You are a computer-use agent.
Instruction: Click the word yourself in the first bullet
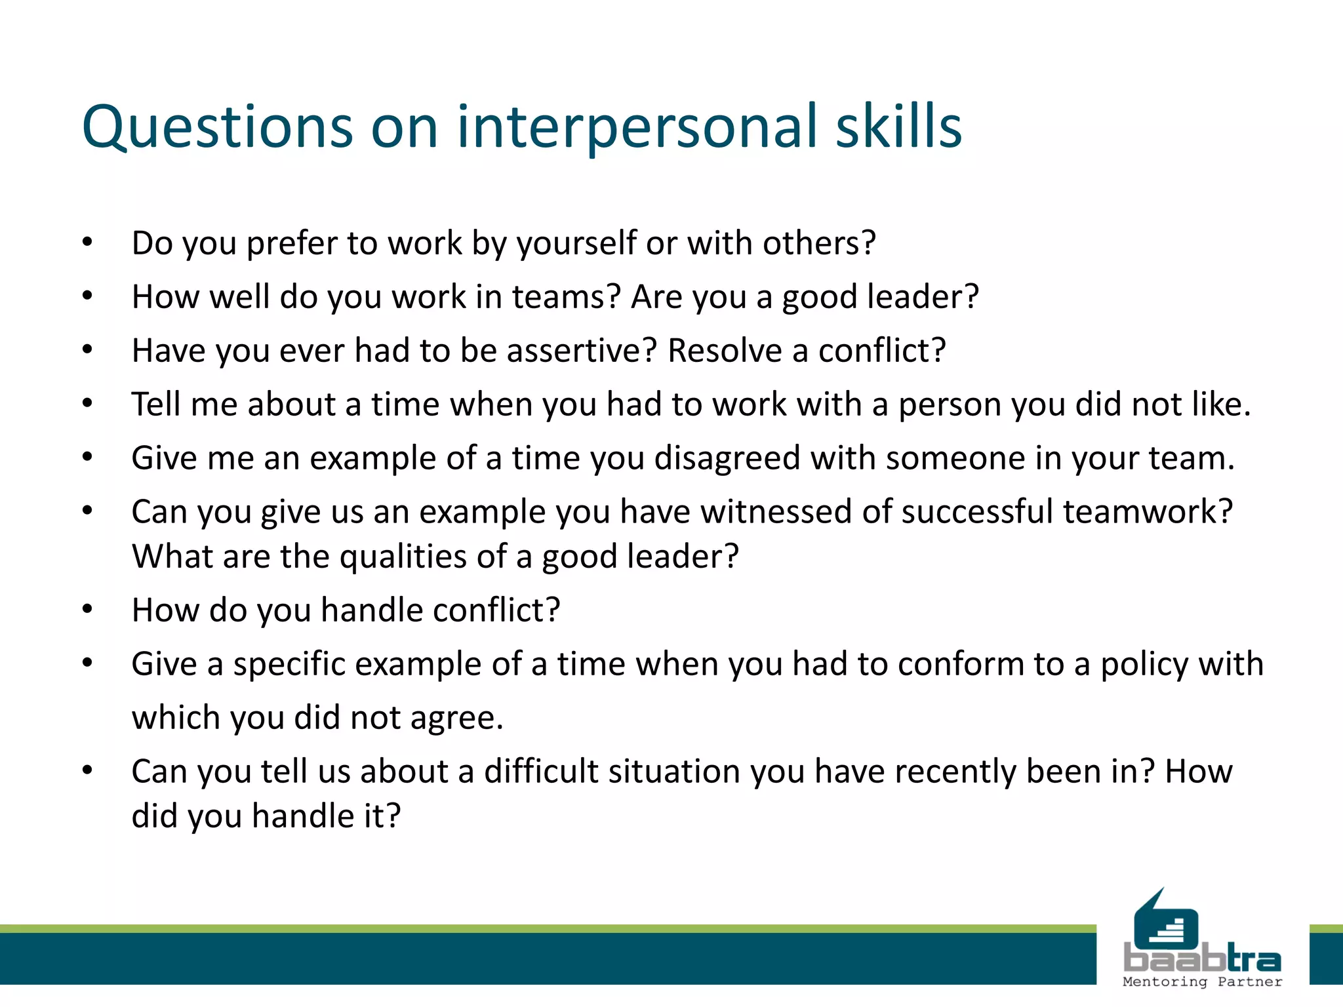click(576, 244)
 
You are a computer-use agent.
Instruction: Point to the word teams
click(566, 297)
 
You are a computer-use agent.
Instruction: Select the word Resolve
click(724, 351)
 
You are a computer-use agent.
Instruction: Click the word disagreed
click(727, 458)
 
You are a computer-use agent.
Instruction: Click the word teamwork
click(1148, 512)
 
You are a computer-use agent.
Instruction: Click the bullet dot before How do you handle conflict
click(87, 610)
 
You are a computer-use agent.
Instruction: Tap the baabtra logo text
click(1202, 960)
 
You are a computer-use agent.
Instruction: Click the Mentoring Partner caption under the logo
click(1202, 982)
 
